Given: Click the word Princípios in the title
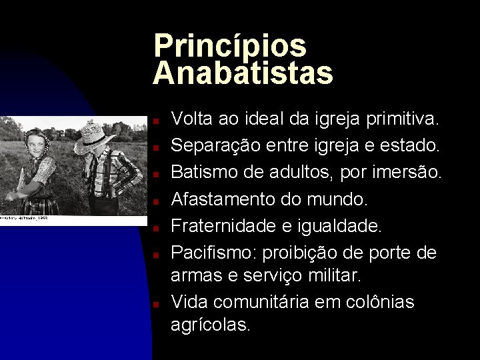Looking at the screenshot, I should point(230,46).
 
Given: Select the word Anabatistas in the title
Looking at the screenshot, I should point(243,73).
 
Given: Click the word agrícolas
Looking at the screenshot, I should point(211,325).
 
